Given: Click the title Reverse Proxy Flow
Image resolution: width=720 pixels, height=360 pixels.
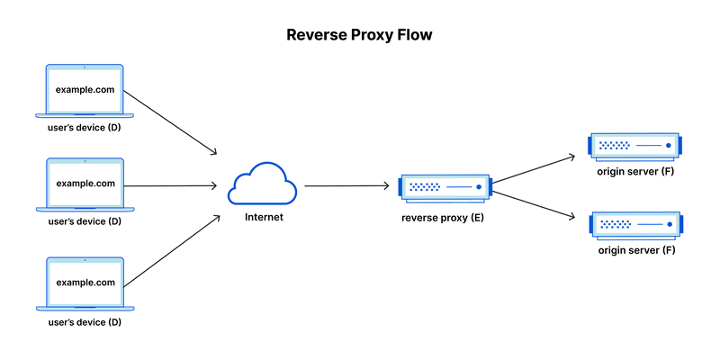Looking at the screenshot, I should [360, 35].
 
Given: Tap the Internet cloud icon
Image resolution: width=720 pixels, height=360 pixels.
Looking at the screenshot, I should [262, 184].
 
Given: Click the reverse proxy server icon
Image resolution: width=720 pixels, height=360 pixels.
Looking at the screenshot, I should [445, 187].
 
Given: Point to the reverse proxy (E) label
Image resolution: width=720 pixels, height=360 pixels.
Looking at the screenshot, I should [443, 218].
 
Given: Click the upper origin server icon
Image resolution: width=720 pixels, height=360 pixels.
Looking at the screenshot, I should [635, 145].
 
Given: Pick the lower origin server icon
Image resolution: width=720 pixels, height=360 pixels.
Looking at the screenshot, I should [635, 223].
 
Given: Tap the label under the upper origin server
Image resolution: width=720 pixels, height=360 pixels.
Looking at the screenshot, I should [635, 171].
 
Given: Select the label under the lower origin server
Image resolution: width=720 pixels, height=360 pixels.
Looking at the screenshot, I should [636, 249].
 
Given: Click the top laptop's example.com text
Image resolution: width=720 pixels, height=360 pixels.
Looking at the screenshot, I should [85, 90].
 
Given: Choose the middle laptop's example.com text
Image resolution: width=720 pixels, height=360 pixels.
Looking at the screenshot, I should [85, 184].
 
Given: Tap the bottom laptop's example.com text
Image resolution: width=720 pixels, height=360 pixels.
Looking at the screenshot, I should [85, 282].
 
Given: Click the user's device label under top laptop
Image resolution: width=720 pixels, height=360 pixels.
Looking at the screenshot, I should [84, 128].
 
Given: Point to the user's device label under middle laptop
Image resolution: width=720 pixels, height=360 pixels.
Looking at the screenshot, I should [84, 221].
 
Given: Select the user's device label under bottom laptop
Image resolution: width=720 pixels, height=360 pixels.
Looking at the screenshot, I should [84, 319].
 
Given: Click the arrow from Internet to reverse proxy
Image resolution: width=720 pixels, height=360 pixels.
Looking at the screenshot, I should [346, 186].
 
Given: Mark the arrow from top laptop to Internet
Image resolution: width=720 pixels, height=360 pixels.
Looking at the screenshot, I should [171, 121].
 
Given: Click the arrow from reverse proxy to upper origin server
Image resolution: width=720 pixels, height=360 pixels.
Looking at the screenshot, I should [533, 169].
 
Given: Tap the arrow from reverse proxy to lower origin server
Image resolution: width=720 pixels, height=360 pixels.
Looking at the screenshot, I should [533, 202].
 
